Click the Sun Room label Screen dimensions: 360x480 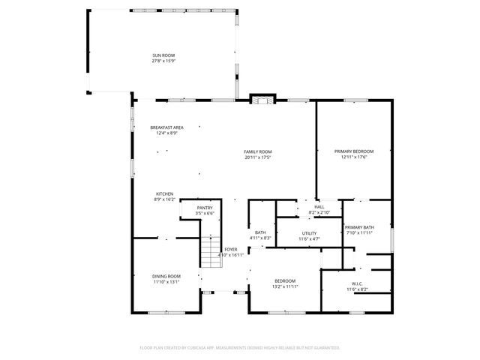click(163, 55)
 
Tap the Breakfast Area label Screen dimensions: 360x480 click(166, 127)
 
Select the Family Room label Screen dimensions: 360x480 click(257, 151)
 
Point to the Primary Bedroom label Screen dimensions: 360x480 click(354, 151)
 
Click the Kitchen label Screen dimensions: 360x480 click(165, 193)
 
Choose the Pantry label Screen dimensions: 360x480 click(205, 208)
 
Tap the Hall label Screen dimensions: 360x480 click(319, 207)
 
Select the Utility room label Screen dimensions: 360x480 click(309, 233)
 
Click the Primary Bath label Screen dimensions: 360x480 click(358, 227)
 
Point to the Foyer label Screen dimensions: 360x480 click(231, 250)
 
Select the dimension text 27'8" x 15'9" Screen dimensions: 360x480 click(163, 61)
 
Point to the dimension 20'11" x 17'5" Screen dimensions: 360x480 click(257, 157)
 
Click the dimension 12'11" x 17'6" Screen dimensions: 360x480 click(354, 157)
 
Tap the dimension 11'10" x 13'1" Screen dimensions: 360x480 click(166, 282)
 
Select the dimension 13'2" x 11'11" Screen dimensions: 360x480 click(285, 286)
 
